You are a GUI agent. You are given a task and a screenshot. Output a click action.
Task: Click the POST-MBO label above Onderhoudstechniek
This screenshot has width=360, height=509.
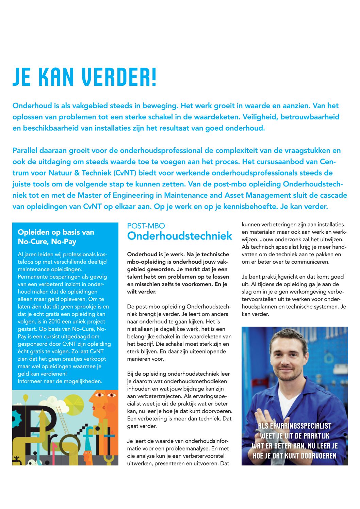point(146,226)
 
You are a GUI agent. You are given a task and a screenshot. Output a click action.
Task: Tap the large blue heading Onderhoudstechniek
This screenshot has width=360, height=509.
point(180,236)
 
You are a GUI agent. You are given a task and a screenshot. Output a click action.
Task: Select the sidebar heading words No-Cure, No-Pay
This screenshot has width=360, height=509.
point(47,242)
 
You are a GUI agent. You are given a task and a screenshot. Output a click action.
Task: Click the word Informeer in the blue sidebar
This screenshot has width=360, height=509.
point(30,381)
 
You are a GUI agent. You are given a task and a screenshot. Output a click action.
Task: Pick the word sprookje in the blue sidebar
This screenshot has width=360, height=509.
point(80,307)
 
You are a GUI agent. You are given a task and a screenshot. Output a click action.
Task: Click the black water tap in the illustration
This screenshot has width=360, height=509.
point(16,459)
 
